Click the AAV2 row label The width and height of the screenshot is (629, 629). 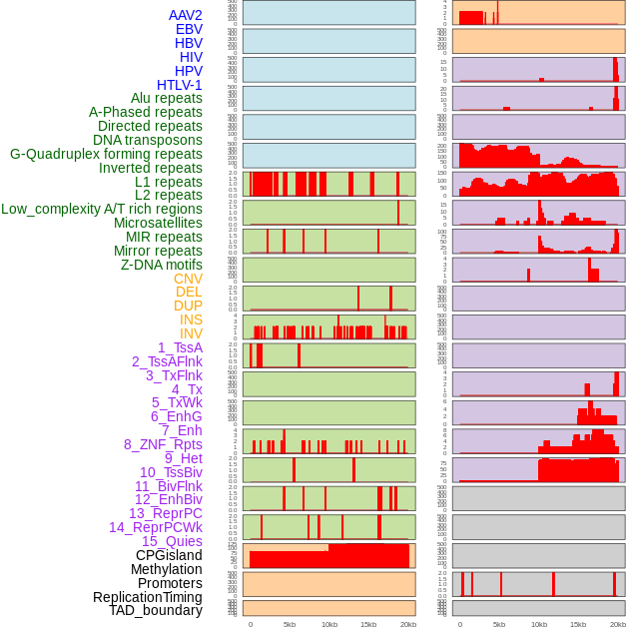[x=185, y=15]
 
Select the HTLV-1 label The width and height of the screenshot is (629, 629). [x=179, y=85]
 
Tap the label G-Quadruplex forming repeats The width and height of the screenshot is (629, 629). [x=106, y=154]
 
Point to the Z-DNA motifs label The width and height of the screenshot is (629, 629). [x=162, y=265]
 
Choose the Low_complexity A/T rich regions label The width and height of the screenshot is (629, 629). [x=102, y=209]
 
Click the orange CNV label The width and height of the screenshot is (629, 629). [x=188, y=279]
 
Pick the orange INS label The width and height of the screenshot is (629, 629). [x=191, y=319]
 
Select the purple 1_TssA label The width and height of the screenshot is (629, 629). [x=180, y=347]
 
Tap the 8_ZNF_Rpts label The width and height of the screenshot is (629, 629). [x=163, y=444]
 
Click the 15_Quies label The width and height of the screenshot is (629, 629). [x=172, y=541]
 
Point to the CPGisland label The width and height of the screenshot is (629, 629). [x=169, y=555]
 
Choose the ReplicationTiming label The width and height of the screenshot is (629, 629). [x=148, y=597]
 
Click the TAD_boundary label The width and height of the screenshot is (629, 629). [x=156, y=610]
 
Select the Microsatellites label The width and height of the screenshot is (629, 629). [x=158, y=223]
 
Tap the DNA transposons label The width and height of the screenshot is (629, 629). [x=148, y=140]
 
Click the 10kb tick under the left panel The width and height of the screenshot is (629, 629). [x=328, y=624]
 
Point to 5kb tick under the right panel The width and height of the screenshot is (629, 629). [x=499, y=624]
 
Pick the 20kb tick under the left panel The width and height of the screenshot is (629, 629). [x=407, y=624]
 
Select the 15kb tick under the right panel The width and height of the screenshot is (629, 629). [x=578, y=624]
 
